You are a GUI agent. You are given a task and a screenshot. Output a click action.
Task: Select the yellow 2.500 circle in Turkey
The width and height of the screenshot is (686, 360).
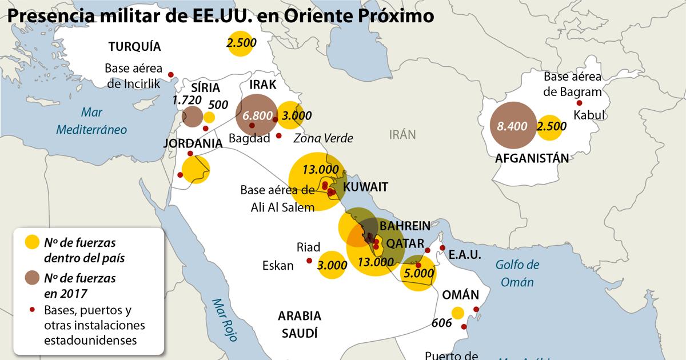coord(241,43)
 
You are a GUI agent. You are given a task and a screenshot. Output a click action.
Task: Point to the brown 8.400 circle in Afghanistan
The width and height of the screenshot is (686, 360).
coord(512,126)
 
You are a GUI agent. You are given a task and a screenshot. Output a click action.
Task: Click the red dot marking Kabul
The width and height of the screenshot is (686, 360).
coord(579,103)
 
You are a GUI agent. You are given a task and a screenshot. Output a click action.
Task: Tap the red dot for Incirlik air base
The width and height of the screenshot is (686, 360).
coord(170,75)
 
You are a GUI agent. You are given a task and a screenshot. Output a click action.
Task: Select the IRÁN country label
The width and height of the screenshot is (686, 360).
coord(402,134)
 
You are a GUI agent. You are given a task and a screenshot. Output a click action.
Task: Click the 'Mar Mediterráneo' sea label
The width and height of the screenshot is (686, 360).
coord(91,121)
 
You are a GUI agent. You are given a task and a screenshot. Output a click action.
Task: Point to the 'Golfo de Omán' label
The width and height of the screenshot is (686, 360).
coord(517,273)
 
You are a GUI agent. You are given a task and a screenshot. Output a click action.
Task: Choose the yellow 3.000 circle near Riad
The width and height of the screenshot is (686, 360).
coord(332,265)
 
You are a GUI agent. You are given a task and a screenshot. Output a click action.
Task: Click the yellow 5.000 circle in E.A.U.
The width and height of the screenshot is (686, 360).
coord(418,273)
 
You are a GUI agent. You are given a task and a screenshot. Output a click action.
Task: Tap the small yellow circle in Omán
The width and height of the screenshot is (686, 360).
coord(457,313)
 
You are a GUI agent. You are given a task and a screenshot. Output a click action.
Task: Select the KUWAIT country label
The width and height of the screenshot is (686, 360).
coord(365,187)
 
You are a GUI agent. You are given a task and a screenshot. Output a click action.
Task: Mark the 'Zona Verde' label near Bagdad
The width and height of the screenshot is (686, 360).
coord(322,138)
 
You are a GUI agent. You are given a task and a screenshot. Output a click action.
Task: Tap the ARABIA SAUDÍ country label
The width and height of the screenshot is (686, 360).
coord(300,324)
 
